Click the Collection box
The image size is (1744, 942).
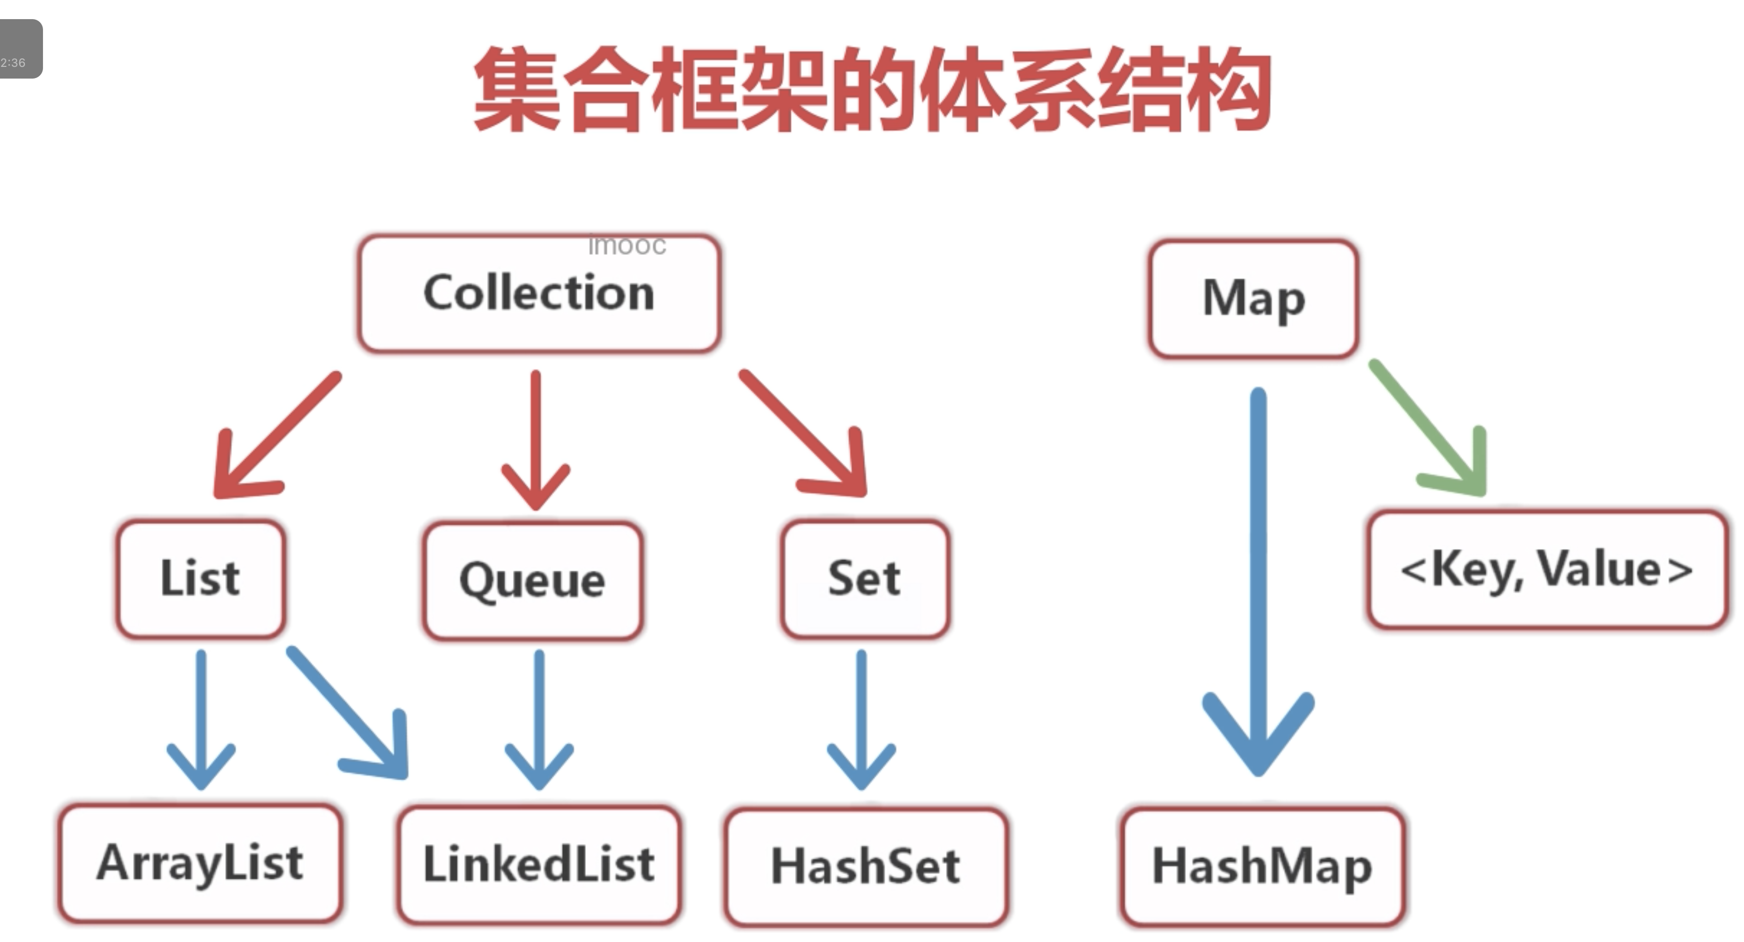pos(539,293)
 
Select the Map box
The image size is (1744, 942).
pos(1253,298)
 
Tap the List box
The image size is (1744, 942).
pos(200,579)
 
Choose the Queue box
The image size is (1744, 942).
pos(533,580)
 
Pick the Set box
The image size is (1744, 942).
pos(865,579)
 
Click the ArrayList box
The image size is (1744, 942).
pos(200,863)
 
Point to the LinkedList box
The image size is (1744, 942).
pos(539,865)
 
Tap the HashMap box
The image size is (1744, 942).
pos(1262,866)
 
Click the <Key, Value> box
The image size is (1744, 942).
pos(1547,570)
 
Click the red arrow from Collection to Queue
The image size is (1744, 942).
pos(535,440)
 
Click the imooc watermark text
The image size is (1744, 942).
pos(627,245)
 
